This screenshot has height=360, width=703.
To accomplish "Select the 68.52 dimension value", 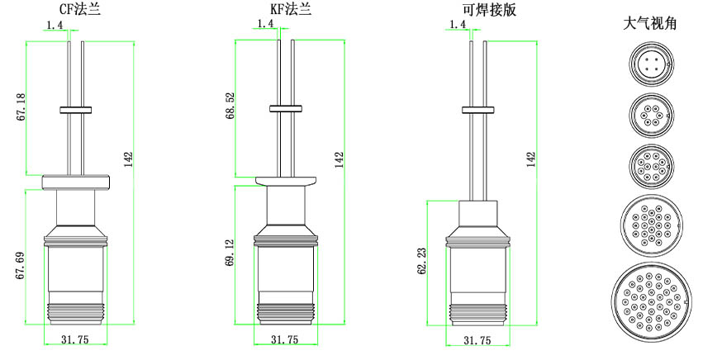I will coord(231,107).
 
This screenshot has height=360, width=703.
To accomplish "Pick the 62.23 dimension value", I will coord(422,261).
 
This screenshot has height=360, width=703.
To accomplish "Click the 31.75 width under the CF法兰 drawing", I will coord(75,339).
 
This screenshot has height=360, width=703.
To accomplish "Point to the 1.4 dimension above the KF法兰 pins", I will coord(266,25).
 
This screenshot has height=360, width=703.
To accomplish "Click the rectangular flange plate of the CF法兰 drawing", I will coord(75,180).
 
